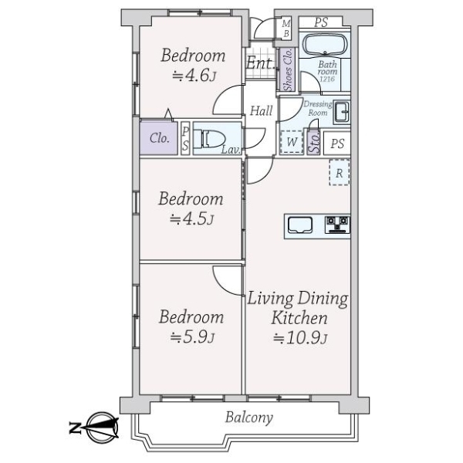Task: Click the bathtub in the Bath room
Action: [x=325, y=43]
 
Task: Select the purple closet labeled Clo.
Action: [x=159, y=139]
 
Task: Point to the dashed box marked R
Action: [x=339, y=172]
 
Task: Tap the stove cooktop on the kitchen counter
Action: [x=337, y=225]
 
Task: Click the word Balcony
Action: [x=249, y=418]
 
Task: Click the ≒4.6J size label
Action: [x=193, y=76]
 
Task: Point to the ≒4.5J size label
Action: [x=192, y=219]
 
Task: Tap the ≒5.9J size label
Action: [x=192, y=337]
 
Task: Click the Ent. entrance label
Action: [x=260, y=64]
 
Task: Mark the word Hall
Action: [x=260, y=111]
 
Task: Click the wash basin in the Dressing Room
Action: [x=342, y=110]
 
